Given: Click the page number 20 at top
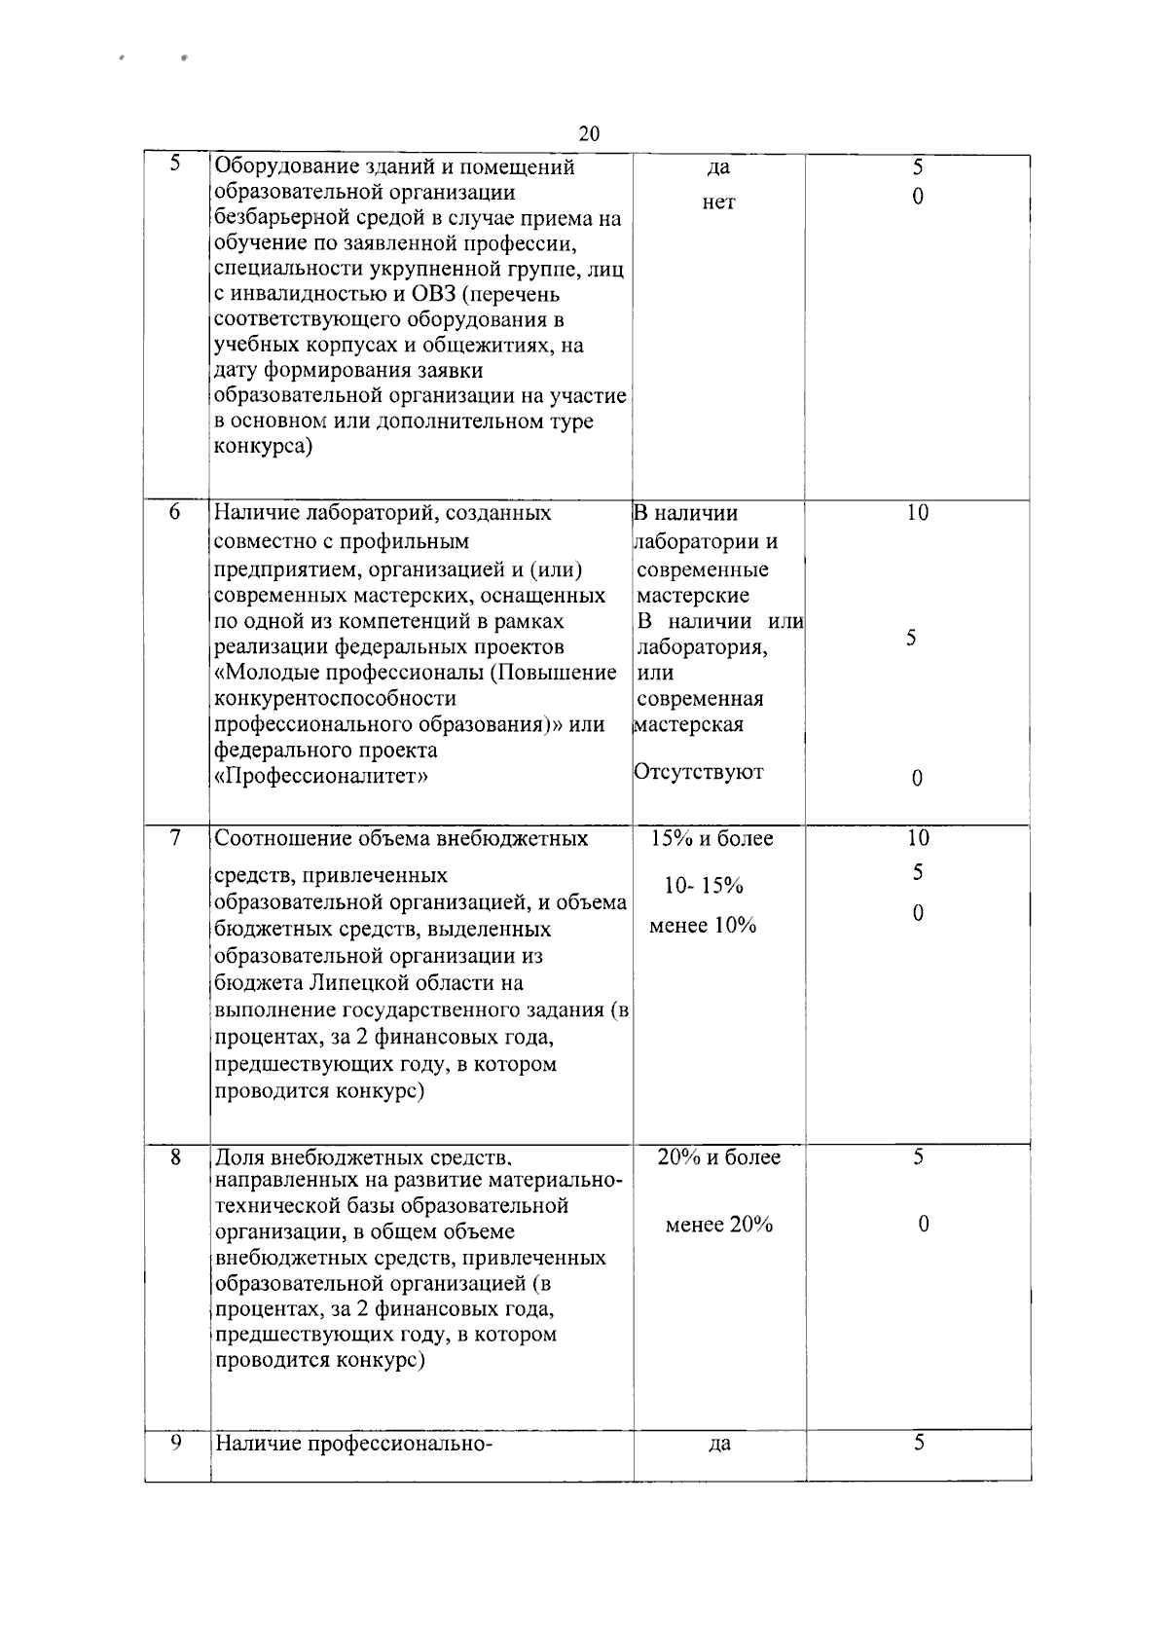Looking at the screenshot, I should tap(589, 134).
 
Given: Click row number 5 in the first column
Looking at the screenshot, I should tap(175, 165).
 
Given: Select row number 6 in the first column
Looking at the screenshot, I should tap(175, 512).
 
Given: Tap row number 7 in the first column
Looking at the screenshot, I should tap(175, 837).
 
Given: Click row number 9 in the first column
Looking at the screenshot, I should tap(175, 1444).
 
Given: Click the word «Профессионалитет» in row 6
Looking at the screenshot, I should tap(321, 777).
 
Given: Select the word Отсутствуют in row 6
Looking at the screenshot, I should tap(699, 772).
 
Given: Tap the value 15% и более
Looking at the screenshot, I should tap(712, 838).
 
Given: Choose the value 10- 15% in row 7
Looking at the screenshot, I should tap(704, 886).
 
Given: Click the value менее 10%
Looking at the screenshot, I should tap(703, 926).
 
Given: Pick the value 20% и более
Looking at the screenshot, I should tap(719, 1157).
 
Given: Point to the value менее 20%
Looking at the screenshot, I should tap(719, 1225).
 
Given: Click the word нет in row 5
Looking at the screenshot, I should tap(718, 202).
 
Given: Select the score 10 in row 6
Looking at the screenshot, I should tap(917, 513).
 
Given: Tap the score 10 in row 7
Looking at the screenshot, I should tap(917, 838).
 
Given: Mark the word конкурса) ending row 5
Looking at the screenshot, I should tap(263, 448).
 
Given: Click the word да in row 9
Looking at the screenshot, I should tap(719, 1445).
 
